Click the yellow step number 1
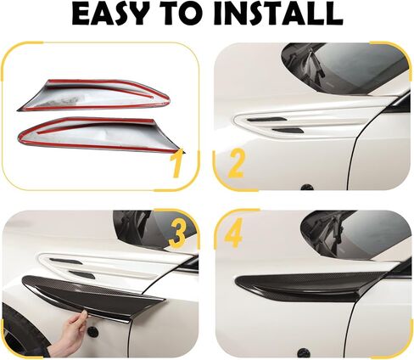pyautogui.click(x=176, y=163)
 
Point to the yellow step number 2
pyautogui.click(x=235, y=162)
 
